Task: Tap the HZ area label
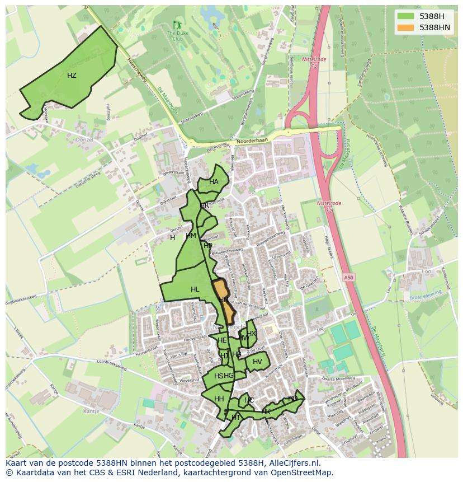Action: (72, 76)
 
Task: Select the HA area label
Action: (214, 182)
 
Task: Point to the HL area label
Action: (195, 289)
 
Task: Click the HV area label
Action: (257, 362)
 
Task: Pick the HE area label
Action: (222, 340)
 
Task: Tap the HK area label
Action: (266, 412)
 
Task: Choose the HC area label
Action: (249, 400)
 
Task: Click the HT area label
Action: (235, 418)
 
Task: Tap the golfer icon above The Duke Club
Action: (178, 25)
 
